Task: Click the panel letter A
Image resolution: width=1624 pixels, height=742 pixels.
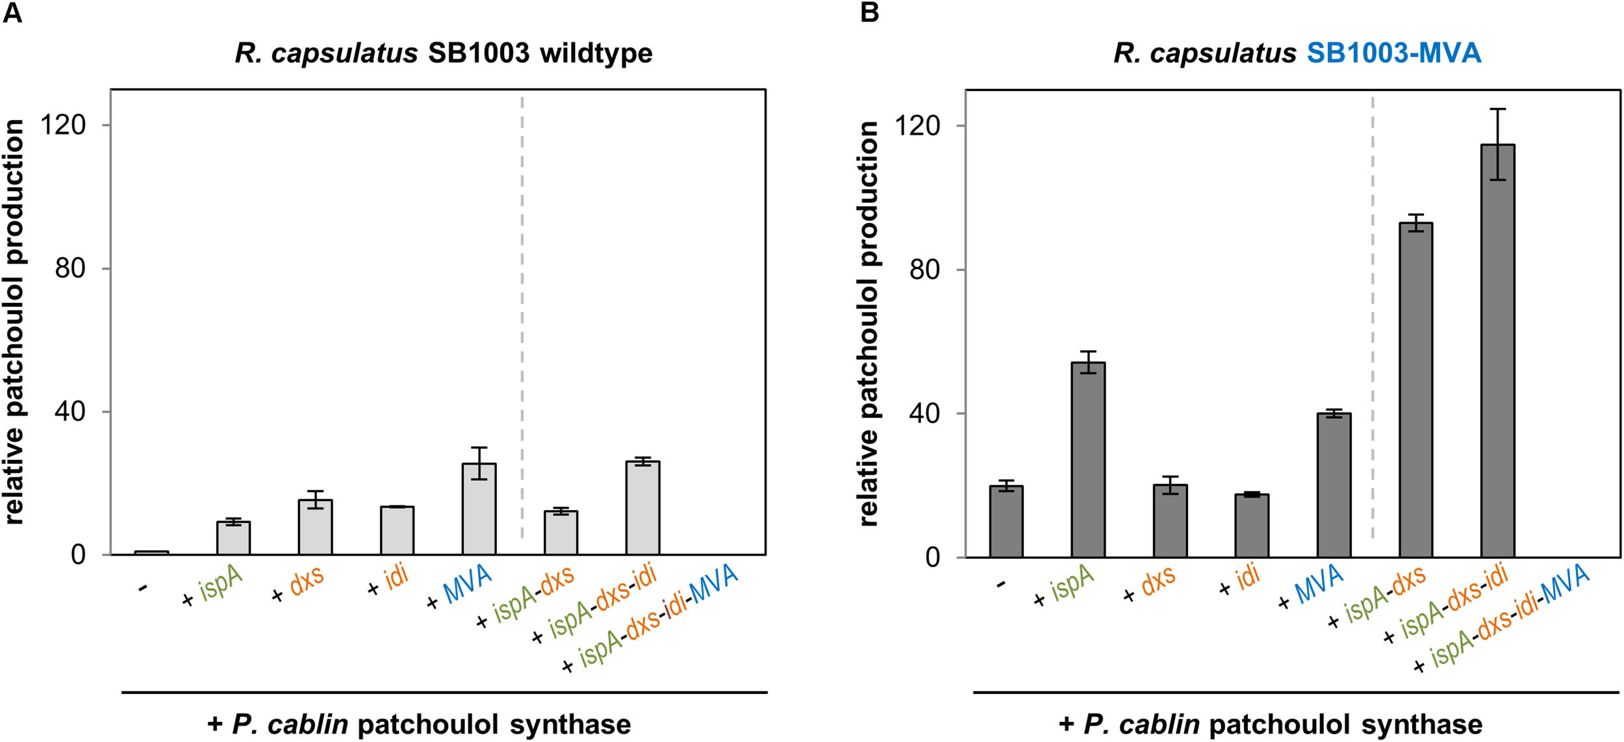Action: point(12,13)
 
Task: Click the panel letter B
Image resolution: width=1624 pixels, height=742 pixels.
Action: point(869,13)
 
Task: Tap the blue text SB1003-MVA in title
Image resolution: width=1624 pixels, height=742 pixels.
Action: point(1393,53)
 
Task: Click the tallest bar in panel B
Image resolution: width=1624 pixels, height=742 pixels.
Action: point(1497,351)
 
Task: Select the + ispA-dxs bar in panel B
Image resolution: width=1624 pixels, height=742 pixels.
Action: point(1416,390)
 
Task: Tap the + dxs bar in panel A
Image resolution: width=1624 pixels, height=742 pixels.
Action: point(315,527)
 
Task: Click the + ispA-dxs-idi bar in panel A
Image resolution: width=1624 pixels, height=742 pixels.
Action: point(642,507)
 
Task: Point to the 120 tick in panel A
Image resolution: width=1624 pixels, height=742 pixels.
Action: point(63,125)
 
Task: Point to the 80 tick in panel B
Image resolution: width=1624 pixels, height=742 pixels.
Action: point(924,269)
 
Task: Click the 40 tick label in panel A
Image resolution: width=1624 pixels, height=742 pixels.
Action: point(70,411)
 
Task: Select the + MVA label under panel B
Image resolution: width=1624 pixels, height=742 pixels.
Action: point(1311,586)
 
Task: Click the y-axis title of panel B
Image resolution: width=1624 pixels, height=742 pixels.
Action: point(869,323)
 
